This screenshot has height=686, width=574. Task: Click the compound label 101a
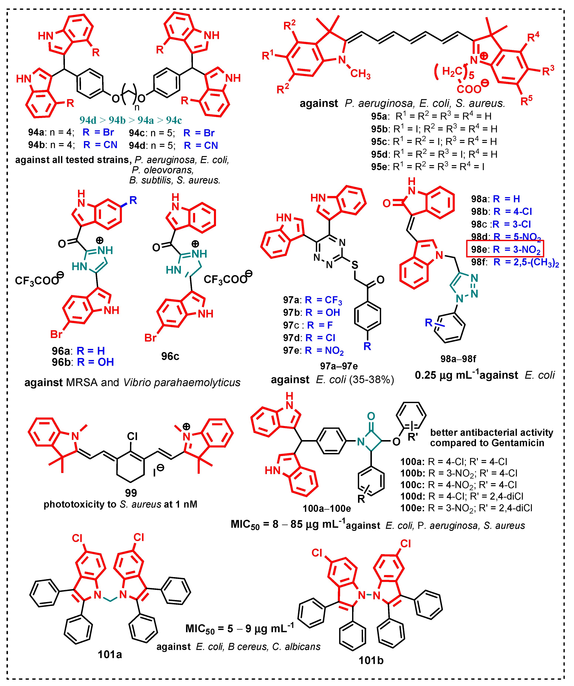pyautogui.click(x=110, y=654)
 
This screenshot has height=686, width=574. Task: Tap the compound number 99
pyautogui.click(x=131, y=493)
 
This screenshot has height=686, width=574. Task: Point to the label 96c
pyautogui.click(x=170, y=356)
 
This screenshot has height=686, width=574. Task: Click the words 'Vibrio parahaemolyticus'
pyautogui.click(x=182, y=382)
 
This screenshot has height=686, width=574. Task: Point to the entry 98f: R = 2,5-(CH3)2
pyautogui.click(x=514, y=262)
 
